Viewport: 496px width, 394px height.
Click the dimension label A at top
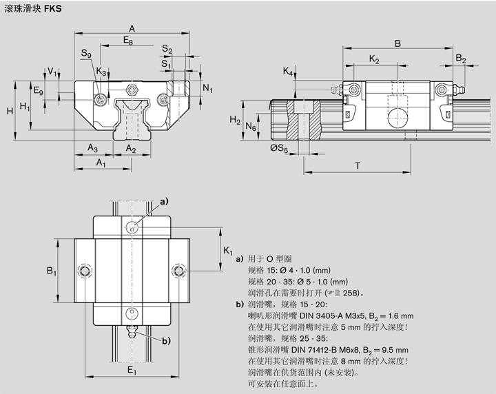point(131,28)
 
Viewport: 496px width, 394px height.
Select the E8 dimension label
point(128,42)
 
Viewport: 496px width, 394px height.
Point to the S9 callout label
point(85,54)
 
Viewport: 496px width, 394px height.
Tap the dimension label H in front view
point(9,111)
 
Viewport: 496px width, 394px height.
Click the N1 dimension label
point(208,89)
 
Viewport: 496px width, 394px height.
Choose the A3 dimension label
point(92,149)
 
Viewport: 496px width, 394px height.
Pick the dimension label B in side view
point(397,43)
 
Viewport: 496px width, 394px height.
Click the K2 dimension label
point(374,60)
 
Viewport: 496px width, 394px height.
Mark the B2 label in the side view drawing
point(461,60)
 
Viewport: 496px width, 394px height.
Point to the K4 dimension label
point(287,72)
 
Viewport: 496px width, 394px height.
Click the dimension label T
point(358,165)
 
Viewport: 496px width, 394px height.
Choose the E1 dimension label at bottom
point(132,372)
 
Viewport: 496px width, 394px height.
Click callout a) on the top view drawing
point(164,201)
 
